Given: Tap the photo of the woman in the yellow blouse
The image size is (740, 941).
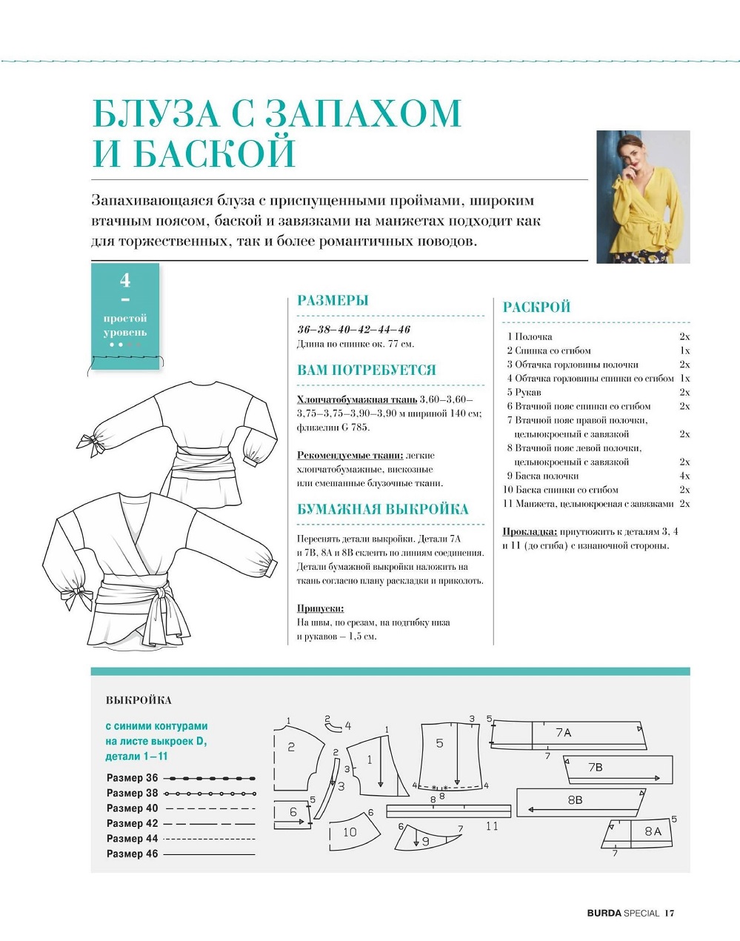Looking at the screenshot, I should click(643, 196).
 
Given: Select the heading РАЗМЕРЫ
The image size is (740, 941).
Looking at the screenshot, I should click(333, 301).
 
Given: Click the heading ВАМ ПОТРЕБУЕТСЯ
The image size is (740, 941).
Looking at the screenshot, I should click(366, 370).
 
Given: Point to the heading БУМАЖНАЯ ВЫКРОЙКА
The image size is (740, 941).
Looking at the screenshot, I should click(382, 510).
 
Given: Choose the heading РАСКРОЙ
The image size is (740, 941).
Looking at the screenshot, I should click(536, 307).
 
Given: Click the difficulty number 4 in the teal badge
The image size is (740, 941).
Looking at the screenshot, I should click(125, 280).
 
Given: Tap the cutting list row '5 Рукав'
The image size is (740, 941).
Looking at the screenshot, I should click(524, 392).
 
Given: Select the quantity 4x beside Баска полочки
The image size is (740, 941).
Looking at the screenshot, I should click(684, 476).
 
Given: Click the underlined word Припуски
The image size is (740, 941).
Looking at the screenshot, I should click(320, 608).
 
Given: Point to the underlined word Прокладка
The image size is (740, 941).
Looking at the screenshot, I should click(530, 531).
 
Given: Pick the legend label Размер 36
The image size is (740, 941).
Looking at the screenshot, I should click(133, 778).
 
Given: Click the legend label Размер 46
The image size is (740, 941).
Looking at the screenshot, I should click(133, 854).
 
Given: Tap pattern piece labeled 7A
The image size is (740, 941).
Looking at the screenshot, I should click(564, 733).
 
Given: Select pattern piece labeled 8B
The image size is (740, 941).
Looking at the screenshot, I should click(575, 800).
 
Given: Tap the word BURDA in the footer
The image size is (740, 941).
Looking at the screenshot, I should click(604, 913).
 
